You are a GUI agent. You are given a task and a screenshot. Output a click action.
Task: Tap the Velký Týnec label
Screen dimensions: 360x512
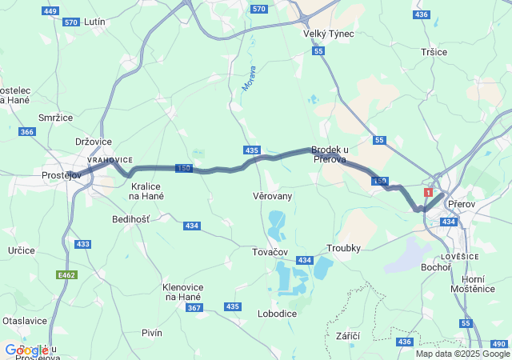[328, 34]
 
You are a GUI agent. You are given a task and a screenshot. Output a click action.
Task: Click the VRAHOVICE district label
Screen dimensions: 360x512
[110, 160]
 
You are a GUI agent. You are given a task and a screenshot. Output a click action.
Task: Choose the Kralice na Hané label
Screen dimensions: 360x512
[146, 190]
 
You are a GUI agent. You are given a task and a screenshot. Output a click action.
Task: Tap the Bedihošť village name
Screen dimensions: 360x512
[130, 218]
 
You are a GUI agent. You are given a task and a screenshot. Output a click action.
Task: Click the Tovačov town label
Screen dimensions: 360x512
[270, 252]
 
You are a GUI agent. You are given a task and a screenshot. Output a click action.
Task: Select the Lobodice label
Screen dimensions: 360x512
[278, 314]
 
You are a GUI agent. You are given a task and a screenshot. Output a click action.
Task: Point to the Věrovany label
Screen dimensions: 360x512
[272, 196]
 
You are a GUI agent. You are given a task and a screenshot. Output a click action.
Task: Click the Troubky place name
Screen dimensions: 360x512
[345, 249]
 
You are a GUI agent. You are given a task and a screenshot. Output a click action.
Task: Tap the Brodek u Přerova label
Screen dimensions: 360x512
[330, 154]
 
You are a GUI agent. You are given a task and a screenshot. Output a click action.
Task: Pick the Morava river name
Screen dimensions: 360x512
[249, 78]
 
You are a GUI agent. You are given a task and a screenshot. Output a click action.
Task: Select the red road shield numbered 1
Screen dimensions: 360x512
[430, 193]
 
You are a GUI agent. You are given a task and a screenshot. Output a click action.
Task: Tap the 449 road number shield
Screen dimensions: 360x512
[50, 11]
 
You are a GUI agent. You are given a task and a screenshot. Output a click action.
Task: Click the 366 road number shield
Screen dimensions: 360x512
[27, 132]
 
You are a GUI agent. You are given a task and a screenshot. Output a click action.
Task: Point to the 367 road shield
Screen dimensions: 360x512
[194, 307]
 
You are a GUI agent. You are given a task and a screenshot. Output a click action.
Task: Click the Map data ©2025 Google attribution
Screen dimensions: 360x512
[462, 354]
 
